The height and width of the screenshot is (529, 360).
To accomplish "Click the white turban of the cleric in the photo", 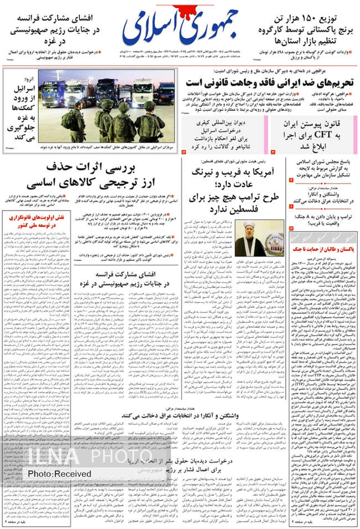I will (249, 225).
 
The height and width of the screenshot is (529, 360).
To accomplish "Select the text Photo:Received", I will (59, 474).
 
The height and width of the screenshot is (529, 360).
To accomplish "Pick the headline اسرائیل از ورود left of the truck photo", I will (20, 105).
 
